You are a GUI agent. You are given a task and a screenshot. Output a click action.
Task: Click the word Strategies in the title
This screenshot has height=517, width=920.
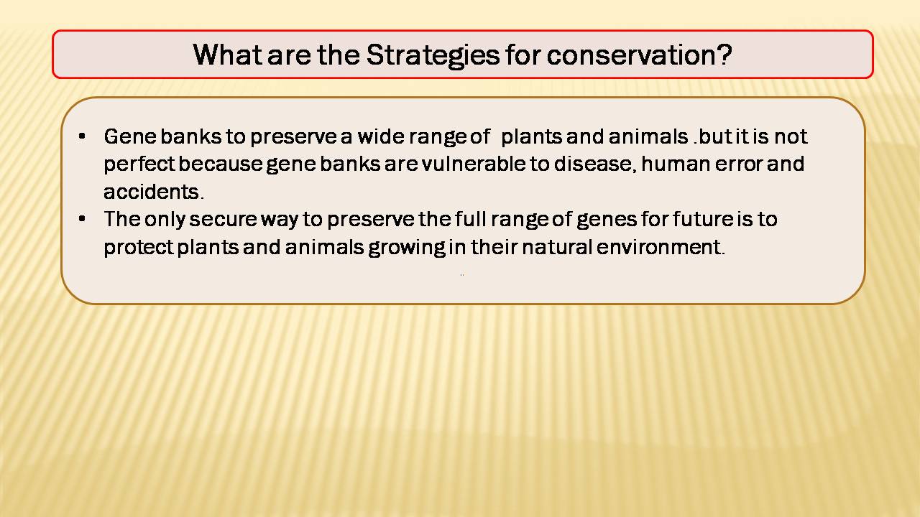tap(433, 56)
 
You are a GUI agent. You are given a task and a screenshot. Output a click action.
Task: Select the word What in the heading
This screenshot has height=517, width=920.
tap(228, 55)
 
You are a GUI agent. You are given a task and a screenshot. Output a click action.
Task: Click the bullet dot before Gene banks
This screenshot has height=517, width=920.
tap(82, 136)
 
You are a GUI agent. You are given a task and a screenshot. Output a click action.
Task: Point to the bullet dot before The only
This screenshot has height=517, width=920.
tap(82, 219)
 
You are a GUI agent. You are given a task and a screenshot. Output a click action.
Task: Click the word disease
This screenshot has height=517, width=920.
tap(595, 164)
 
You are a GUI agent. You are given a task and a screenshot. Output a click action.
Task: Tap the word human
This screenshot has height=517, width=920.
tap(676, 164)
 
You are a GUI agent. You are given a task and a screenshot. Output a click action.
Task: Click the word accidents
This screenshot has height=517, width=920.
tap(154, 192)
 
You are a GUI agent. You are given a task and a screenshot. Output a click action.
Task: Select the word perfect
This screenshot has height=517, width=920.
tap(139, 165)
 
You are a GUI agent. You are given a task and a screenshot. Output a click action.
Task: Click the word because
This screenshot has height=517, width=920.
tap(220, 164)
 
